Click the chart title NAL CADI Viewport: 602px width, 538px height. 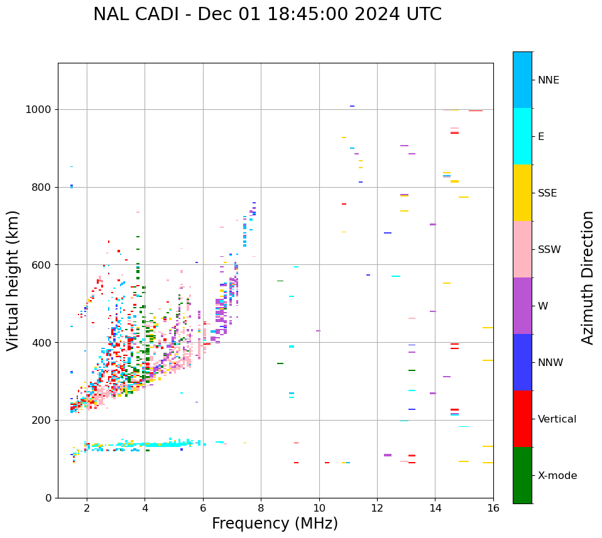(x=267, y=14)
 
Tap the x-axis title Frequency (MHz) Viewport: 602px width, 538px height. (x=275, y=524)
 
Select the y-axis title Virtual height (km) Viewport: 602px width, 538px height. (x=13, y=281)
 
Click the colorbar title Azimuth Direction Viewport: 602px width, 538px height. (x=588, y=277)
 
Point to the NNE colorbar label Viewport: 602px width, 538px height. (x=548, y=80)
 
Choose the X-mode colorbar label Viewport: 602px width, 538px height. (x=557, y=476)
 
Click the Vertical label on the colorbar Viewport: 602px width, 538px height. (x=557, y=419)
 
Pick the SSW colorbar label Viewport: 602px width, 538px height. (x=549, y=250)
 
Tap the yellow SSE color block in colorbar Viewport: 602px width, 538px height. (x=522, y=193)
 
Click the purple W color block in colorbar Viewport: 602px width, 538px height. (x=522, y=306)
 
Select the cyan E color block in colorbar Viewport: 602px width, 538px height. (x=522, y=136)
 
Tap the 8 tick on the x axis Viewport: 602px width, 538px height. (x=261, y=508)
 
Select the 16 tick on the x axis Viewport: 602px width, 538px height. (x=493, y=508)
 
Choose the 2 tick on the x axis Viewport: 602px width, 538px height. (x=87, y=508)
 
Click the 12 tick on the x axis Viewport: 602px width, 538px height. (x=377, y=508)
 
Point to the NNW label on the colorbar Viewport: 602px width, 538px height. (x=550, y=363)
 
